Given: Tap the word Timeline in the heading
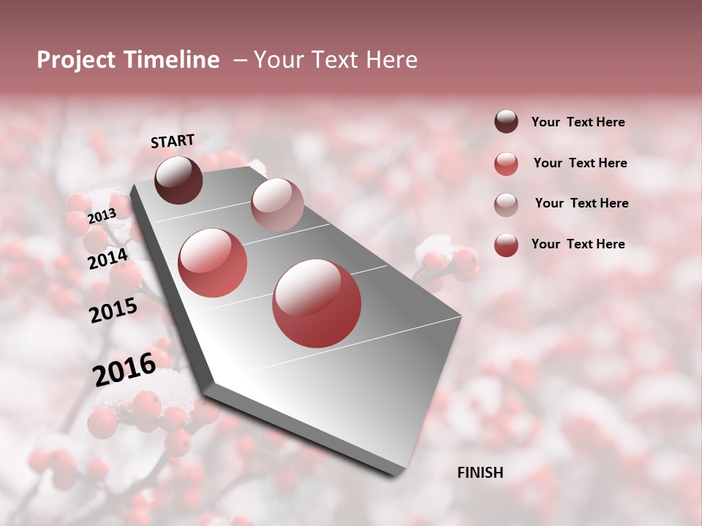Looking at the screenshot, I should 170,61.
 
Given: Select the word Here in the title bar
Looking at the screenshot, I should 391,61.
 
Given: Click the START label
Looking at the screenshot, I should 173,141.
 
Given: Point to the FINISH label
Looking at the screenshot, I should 480,473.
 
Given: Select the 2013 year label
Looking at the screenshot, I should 102,216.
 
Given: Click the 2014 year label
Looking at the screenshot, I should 108,259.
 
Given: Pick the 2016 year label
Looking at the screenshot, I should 124,370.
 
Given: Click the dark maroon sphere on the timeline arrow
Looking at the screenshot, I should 178,180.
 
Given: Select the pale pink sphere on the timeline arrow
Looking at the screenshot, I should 277,204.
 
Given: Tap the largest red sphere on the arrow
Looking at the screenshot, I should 317,303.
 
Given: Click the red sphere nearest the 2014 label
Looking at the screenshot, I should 213,262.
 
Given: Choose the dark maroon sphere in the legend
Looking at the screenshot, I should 506,121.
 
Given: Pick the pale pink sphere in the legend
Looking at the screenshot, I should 506,205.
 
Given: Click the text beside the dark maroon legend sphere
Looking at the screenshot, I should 578,123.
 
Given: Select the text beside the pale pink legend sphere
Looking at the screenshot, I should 581,203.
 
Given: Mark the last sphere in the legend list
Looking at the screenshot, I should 506,245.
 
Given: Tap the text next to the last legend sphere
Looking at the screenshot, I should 578,244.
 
